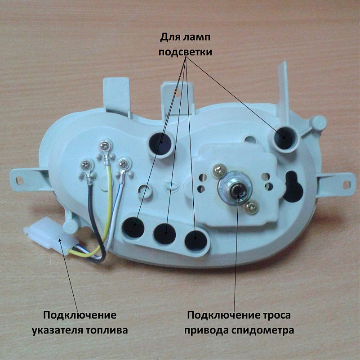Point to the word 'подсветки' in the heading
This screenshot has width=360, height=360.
pos(185,52)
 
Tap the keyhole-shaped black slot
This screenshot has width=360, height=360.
pos(293,187)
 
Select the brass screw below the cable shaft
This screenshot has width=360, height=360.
pos(252,207)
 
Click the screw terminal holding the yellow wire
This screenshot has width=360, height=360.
pos(106,146)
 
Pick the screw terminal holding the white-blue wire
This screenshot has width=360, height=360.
pos(124,164)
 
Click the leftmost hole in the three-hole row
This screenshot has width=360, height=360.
pos(133,228)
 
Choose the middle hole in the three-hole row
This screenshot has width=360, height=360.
pos(165,234)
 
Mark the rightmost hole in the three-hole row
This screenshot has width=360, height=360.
pos(196,240)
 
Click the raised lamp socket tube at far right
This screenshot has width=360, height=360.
pos(284,139)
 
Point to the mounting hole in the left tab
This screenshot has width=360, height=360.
pos(20,181)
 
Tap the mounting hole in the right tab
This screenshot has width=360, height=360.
pos(346,184)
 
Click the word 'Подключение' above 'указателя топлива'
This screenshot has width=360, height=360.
pos(80,315)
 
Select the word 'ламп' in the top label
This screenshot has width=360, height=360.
pos(197,37)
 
